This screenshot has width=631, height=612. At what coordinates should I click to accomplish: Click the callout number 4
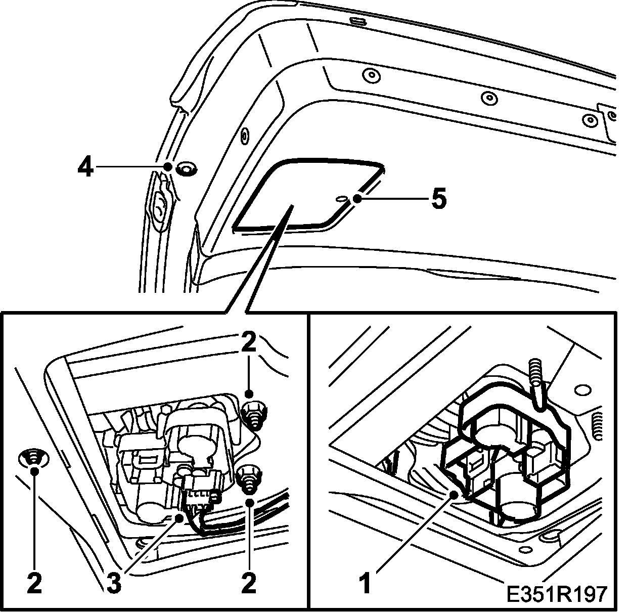coord(85,167)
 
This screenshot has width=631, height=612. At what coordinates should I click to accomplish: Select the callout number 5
coord(438,199)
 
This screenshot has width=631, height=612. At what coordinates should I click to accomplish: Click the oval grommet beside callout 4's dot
coord(188,168)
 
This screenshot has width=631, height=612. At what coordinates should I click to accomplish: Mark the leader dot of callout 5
coord(357,199)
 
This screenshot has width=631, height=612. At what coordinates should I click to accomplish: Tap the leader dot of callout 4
coord(167,166)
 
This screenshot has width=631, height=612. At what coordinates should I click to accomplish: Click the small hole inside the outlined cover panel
coord(340,198)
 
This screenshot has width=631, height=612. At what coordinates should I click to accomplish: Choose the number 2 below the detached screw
coord(34,584)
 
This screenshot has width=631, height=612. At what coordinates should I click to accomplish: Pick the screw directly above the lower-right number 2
coord(248,477)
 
